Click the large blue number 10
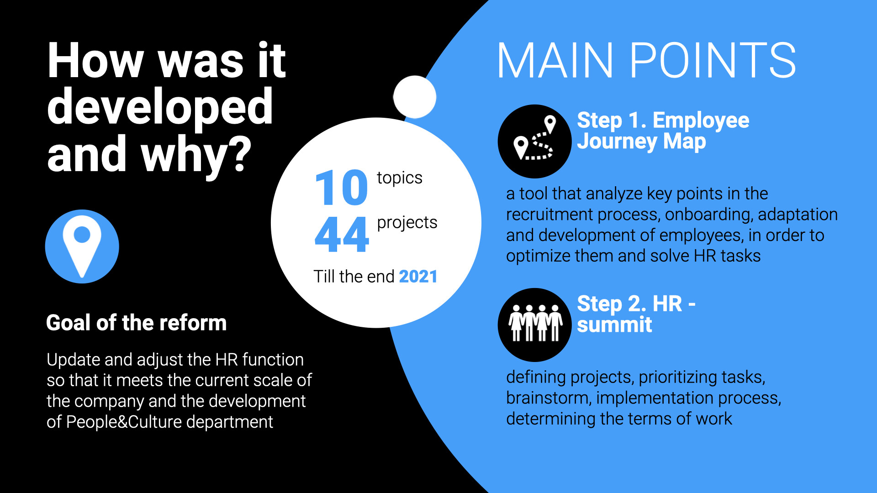(x=341, y=188)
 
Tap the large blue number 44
(x=342, y=234)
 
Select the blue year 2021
(x=418, y=277)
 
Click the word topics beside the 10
(x=400, y=178)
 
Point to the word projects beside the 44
(x=407, y=223)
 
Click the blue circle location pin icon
(x=82, y=246)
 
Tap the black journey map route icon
(x=534, y=142)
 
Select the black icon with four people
(x=534, y=325)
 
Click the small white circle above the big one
(x=415, y=97)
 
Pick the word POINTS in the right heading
(x=713, y=60)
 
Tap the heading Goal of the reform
(x=137, y=323)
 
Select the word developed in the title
(x=160, y=107)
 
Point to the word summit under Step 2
(x=614, y=325)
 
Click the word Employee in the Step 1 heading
(x=701, y=121)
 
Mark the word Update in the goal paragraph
(x=74, y=360)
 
